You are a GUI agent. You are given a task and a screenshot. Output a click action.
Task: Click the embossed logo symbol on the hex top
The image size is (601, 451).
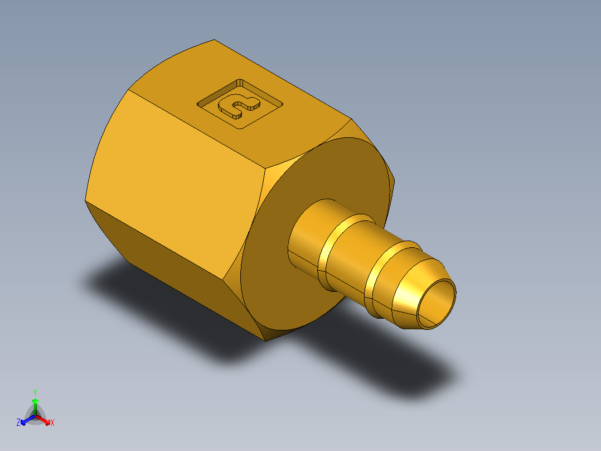(240, 105)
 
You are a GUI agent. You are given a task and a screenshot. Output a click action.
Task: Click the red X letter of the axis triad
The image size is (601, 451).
(52, 423)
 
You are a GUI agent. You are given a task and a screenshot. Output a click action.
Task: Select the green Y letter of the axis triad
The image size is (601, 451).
(35, 392)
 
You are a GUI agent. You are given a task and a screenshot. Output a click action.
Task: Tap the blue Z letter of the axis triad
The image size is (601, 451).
(18, 423)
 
